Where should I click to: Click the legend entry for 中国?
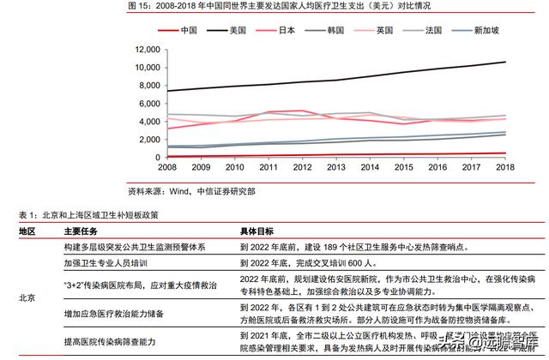pos(184,30)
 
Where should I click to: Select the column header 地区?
pos(27,231)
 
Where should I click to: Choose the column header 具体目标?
pos(257,231)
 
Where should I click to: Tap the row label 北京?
pos(27,297)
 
